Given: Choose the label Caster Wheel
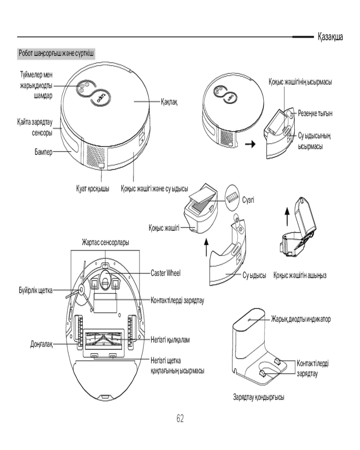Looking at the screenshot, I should pos(166,273).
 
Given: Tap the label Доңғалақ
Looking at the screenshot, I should pos(41,344).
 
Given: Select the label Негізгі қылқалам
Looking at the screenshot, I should pos(170,340).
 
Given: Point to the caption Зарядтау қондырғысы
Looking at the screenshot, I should pos(258,397).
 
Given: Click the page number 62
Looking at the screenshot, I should pos(180,418).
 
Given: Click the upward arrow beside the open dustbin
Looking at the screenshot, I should pos(287,216).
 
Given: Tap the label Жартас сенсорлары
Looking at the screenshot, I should pos(105,243).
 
